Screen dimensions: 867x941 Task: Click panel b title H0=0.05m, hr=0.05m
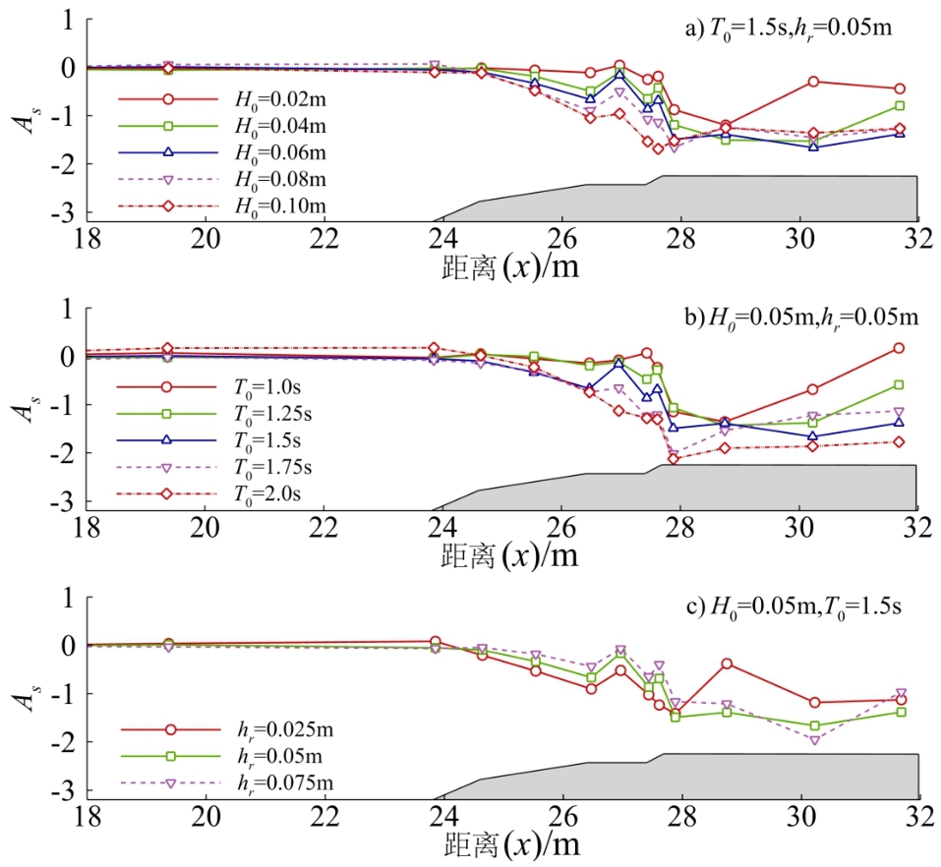802,317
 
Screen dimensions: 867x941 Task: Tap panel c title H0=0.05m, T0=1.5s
794,606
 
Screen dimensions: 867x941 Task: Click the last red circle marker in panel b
899,348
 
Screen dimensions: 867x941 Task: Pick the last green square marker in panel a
899,105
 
